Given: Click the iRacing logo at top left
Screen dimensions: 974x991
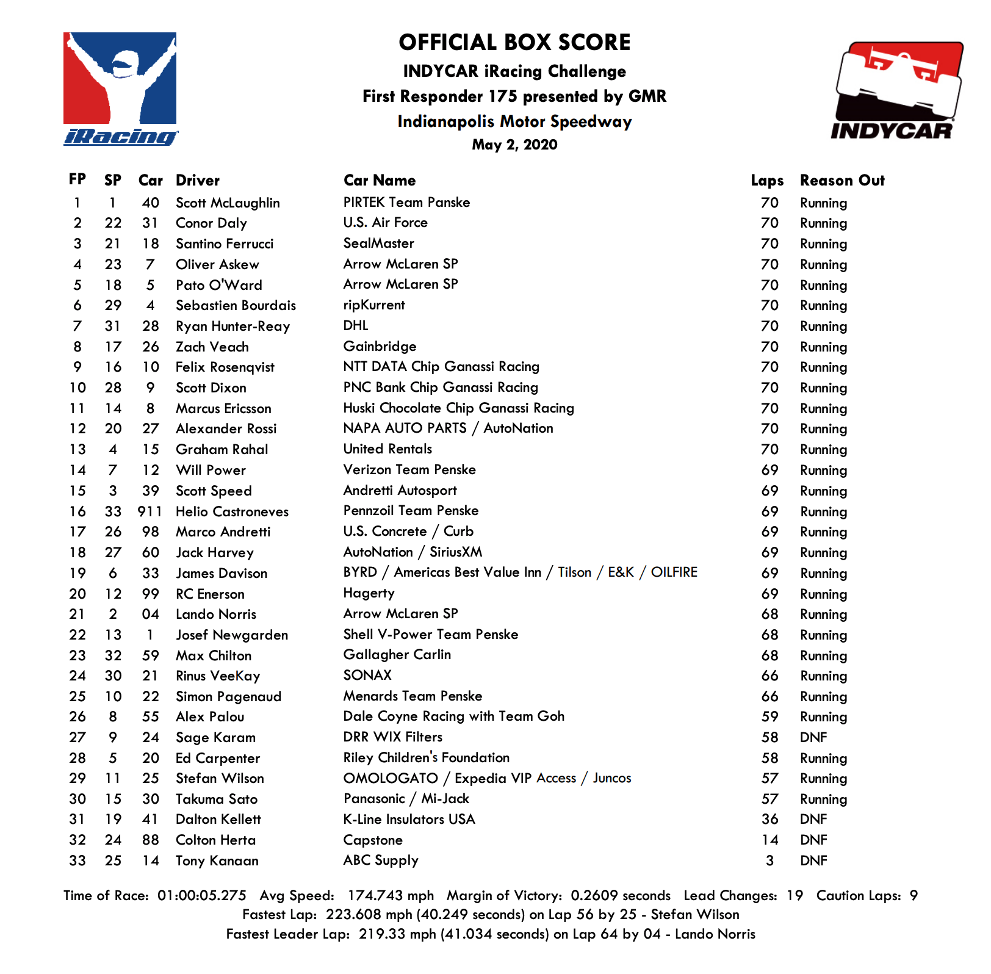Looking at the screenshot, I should [120, 89].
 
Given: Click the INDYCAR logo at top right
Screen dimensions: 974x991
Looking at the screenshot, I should [896, 90].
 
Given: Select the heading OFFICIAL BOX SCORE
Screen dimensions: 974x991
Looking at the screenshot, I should [514, 43].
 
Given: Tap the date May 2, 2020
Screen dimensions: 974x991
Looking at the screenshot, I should [514, 145].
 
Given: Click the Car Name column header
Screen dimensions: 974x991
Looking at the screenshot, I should [379, 181].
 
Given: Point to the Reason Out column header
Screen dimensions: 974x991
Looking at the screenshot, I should [841, 181].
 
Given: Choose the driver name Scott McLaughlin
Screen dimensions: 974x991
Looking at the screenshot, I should [228, 203].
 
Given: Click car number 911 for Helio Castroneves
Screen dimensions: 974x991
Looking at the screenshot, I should [150, 511].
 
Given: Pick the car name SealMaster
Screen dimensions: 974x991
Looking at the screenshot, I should [378, 243].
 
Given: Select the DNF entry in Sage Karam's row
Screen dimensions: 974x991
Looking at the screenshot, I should [813, 738].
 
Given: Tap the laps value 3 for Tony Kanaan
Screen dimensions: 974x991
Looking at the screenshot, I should [769, 861].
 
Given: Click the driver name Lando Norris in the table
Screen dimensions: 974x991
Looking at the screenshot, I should [216, 615].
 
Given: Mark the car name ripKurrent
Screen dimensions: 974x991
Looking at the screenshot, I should [374, 305].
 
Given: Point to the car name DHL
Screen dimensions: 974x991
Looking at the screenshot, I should [356, 326].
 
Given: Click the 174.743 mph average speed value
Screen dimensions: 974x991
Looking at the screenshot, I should [391, 896].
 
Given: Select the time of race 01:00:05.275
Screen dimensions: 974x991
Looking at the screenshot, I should [202, 896].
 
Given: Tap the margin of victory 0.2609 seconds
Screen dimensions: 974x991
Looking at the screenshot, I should [621, 896].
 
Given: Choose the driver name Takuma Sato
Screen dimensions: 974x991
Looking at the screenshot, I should [217, 799].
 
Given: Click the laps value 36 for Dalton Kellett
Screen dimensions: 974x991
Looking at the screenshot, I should [769, 820].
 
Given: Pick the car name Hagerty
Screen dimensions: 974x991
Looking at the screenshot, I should [369, 593].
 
